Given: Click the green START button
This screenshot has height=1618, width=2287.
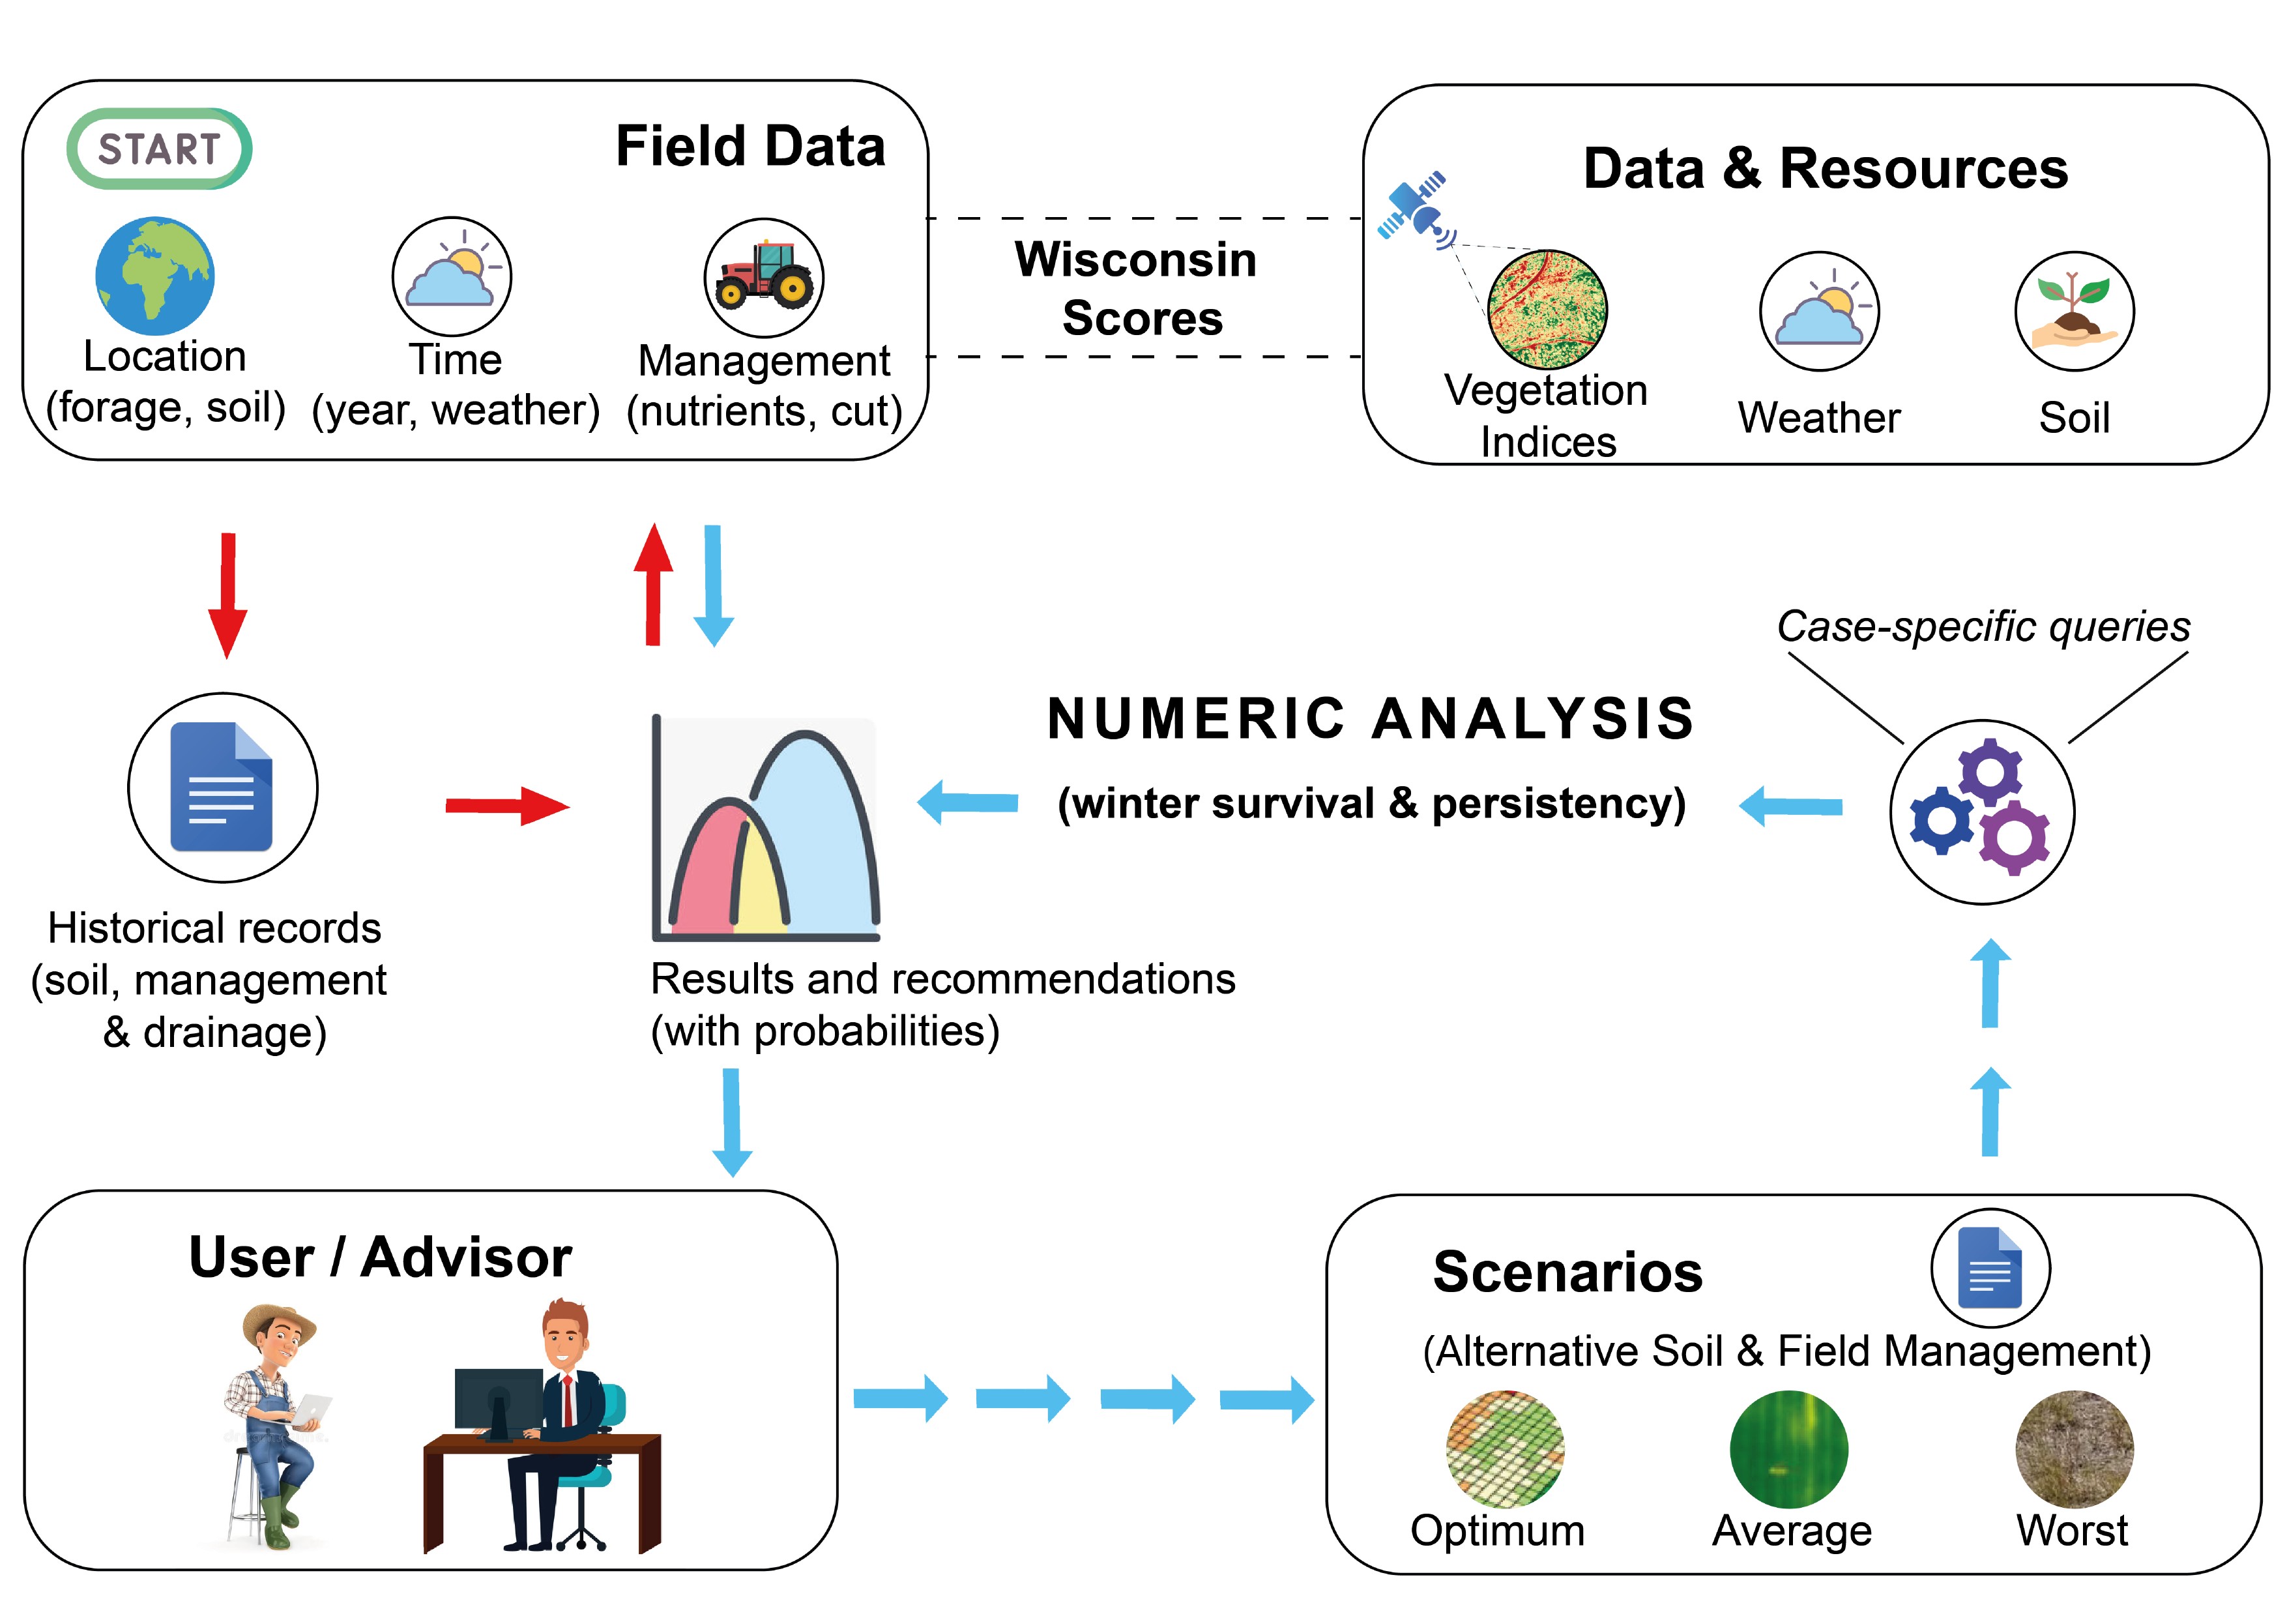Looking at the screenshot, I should tap(160, 149).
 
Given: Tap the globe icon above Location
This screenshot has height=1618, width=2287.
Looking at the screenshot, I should tap(154, 276).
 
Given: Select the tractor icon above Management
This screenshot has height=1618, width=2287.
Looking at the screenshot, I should tap(764, 278).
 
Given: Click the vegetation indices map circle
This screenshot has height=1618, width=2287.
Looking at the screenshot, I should tap(1547, 310).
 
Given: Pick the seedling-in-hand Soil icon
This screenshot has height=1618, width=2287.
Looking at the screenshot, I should tap(2074, 312).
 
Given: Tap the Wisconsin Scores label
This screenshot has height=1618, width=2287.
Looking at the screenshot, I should tap(1137, 289).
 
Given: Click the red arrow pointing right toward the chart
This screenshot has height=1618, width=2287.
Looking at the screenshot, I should tap(507, 806).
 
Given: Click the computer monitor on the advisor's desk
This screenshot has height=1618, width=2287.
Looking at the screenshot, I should tap(498, 1400).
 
